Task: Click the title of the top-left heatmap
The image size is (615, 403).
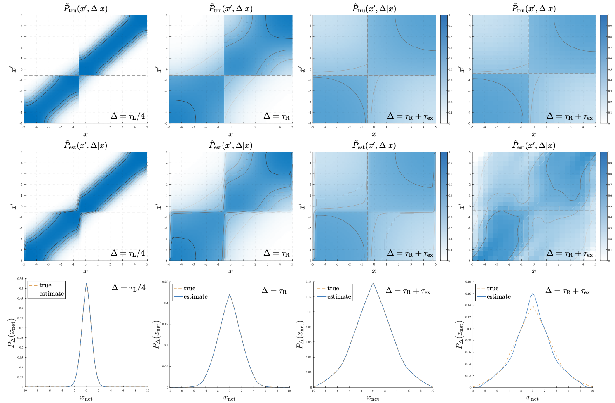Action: coord(86,8)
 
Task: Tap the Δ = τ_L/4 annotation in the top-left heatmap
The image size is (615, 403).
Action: coord(128,116)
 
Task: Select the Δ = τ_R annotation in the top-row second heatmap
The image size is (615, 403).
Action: coord(276,116)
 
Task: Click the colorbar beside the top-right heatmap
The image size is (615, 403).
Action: coord(603,69)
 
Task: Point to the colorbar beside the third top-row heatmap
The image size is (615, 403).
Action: coord(444,69)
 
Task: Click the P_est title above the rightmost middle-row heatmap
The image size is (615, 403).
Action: coord(533,145)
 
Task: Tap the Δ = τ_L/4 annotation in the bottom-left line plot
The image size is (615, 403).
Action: coord(129,287)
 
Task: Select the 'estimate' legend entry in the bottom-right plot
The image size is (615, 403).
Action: coord(498,296)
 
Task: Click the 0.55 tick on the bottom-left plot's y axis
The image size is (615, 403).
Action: coord(20,279)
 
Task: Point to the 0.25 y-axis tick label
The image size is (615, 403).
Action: coord(165,282)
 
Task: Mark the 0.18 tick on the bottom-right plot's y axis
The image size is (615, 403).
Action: coord(467,282)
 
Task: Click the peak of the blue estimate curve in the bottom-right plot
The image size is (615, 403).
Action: coord(533,293)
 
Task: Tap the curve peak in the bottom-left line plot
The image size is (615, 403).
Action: coord(86,283)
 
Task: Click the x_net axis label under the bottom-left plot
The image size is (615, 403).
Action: coord(86,398)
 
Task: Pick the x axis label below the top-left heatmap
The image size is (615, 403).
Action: coord(85,134)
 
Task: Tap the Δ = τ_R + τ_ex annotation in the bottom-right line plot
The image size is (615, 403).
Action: coord(567,291)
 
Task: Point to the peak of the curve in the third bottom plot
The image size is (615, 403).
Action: coord(373,283)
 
